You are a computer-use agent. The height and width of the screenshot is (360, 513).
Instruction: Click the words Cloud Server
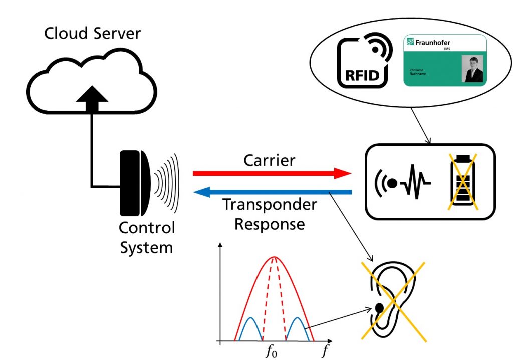point(92,34)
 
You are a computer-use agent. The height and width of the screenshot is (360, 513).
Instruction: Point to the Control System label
point(147,237)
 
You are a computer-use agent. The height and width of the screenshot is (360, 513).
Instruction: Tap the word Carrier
point(269,160)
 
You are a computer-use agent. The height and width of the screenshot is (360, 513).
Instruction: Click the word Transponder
point(270,205)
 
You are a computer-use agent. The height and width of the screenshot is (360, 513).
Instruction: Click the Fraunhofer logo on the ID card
point(429,43)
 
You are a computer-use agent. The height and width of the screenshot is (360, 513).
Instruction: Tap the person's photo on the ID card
point(473,69)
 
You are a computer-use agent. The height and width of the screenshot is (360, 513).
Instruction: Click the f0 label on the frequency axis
point(271,351)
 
